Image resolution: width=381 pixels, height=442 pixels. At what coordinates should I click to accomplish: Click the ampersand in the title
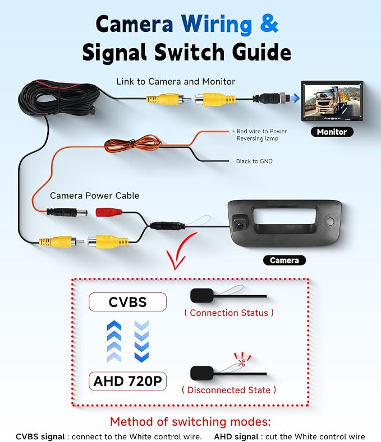point(269,24)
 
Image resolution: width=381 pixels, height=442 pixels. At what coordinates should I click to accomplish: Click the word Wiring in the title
point(217,25)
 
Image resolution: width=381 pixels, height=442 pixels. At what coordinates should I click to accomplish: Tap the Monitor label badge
point(332,132)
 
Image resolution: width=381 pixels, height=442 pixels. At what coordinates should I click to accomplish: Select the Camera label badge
point(284,260)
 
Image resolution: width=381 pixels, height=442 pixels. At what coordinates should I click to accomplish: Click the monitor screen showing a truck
point(332,101)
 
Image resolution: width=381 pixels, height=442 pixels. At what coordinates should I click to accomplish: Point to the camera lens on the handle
point(240,225)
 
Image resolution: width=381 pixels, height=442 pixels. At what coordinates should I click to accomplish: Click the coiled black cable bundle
point(59,98)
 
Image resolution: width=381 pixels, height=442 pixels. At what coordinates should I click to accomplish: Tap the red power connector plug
point(109,212)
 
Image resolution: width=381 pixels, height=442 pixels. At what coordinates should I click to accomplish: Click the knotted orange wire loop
point(133,144)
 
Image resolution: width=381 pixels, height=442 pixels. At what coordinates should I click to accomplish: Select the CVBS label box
point(128,302)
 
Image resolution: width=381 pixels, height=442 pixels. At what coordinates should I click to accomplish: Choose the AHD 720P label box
point(128,381)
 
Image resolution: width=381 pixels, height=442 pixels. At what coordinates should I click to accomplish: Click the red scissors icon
point(242,362)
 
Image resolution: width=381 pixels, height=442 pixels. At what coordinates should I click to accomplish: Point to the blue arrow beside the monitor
point(296,98)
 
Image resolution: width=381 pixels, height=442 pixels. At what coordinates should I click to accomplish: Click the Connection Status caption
point(229,313)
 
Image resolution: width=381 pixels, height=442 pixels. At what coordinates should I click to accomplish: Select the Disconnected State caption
point(229,390)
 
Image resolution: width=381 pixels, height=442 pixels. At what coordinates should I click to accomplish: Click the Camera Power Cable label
point(95,196)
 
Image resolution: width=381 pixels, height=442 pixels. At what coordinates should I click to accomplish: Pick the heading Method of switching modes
point(190,422)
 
